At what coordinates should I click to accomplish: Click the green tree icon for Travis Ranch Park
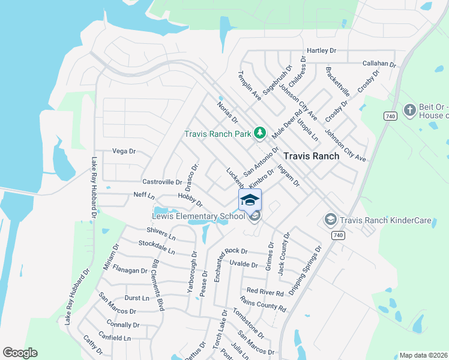(x=260, y=133)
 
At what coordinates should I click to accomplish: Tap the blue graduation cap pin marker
(x=250, y=200)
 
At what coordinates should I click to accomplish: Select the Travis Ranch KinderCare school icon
(x=330, y=220)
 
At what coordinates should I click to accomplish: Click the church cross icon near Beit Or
(x=409, y=110)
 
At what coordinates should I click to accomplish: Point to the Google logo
(x=20, y=353)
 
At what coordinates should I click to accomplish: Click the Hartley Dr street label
(x=321, y=51)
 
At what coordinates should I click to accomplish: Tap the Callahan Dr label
(x=379, y=64)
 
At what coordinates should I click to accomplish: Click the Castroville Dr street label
(x=162, y=182)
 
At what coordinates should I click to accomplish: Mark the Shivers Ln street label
(x=160, y=232)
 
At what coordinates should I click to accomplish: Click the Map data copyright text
(x=423, y=355)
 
